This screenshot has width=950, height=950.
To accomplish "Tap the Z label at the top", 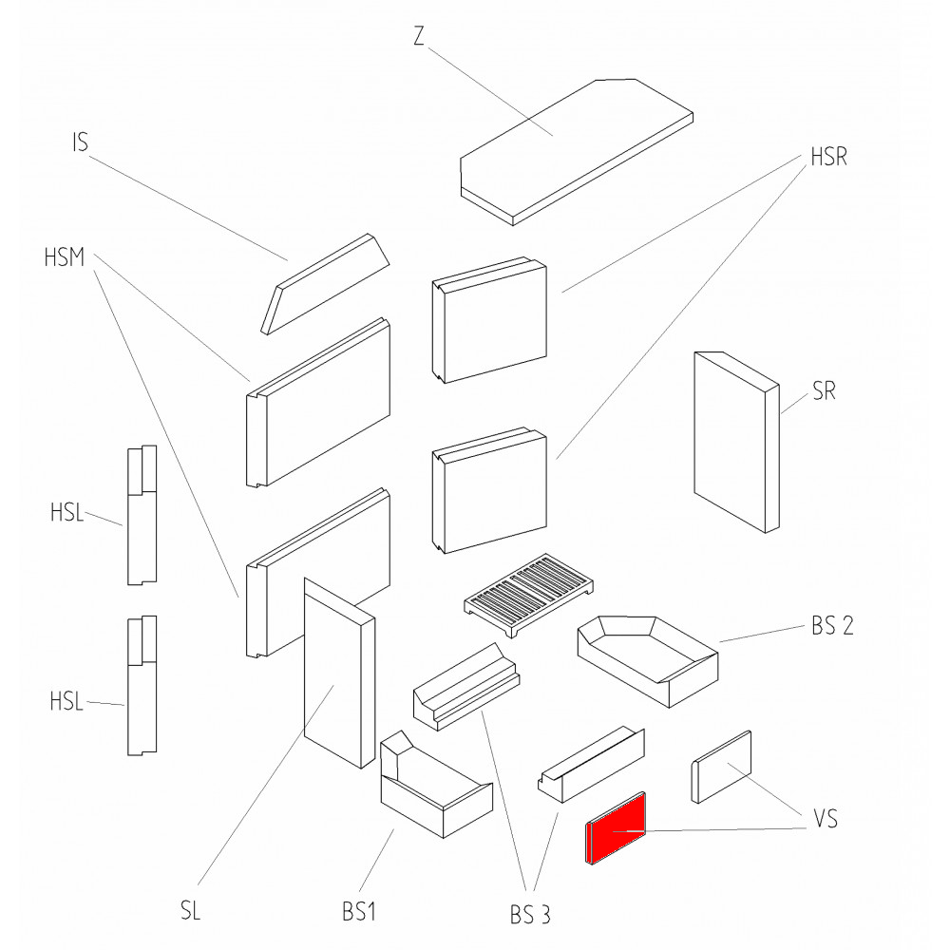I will (419, 36).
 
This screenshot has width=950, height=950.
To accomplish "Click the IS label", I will (80, 143).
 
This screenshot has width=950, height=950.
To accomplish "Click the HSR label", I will (828, 158).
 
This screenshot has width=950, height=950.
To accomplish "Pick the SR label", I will (824, 391).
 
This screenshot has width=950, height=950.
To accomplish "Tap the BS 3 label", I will (529, 915).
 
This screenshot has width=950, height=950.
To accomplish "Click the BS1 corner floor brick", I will (432, 793).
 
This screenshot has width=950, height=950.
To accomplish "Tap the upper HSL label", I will (67, 516).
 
